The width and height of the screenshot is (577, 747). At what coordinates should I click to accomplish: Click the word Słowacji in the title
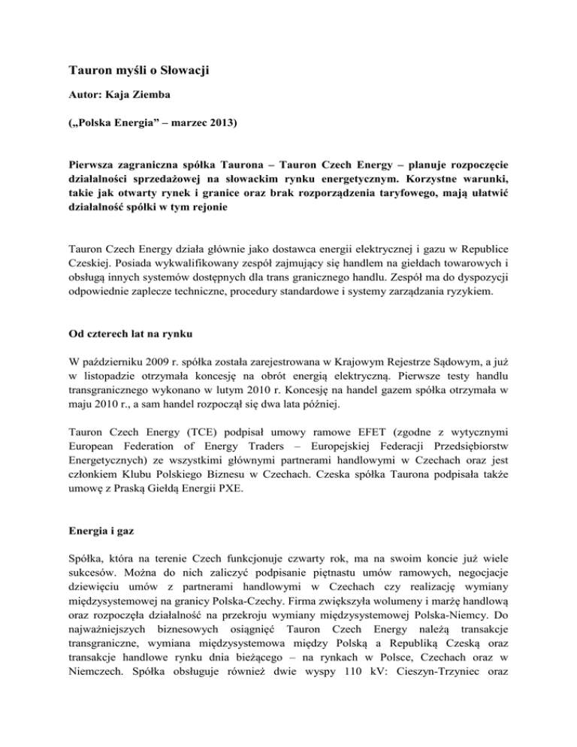coord(181,71)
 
